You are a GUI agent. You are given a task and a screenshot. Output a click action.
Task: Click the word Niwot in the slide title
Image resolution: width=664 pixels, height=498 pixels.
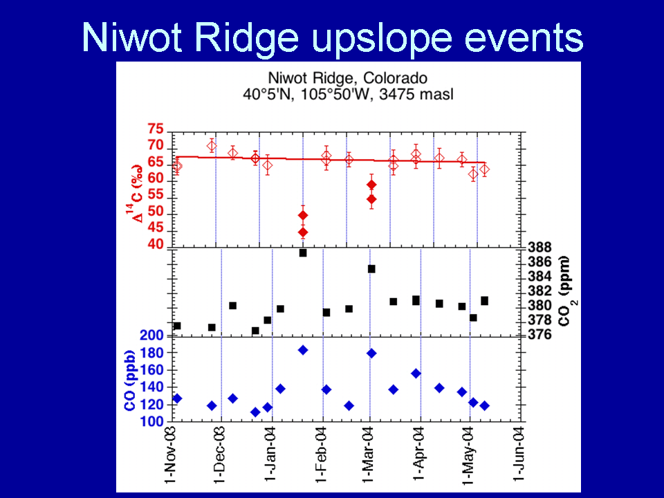click(x=131, y=37)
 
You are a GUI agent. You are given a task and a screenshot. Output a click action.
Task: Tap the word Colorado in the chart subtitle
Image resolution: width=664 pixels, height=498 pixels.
click(x=395, y=79)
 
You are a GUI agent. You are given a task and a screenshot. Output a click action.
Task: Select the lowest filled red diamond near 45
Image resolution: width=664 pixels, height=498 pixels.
click(x=303, y=232)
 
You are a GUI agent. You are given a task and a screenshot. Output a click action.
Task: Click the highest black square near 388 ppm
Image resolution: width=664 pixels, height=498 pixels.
click(x=303, y=253)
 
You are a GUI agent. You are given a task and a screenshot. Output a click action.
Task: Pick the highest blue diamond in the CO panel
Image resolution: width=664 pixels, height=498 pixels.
click(x=303, y=350)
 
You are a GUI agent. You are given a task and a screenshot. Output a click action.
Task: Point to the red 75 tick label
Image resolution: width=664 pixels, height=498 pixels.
click(x=156, y=129)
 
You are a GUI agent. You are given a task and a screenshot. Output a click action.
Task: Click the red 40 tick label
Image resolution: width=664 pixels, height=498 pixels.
click(x=156, y=244)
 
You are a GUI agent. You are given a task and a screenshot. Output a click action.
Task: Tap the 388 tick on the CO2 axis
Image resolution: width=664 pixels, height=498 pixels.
click(x=539, y=247)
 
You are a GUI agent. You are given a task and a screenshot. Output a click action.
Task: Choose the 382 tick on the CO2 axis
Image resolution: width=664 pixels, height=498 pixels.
click(x=539, y=291)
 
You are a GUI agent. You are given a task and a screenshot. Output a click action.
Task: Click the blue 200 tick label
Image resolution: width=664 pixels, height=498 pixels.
click(x=151, y=335)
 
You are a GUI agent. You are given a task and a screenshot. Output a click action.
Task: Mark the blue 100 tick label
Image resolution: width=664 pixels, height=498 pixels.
click(x=151, y=421)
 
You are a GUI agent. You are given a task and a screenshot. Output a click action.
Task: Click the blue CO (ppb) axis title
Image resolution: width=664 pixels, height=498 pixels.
click(x=129, y=380)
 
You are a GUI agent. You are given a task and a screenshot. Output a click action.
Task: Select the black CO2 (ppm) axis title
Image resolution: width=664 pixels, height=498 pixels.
click(x=566, y=291)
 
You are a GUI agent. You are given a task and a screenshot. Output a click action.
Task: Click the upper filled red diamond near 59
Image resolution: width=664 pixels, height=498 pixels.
click(x=371, y=185)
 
